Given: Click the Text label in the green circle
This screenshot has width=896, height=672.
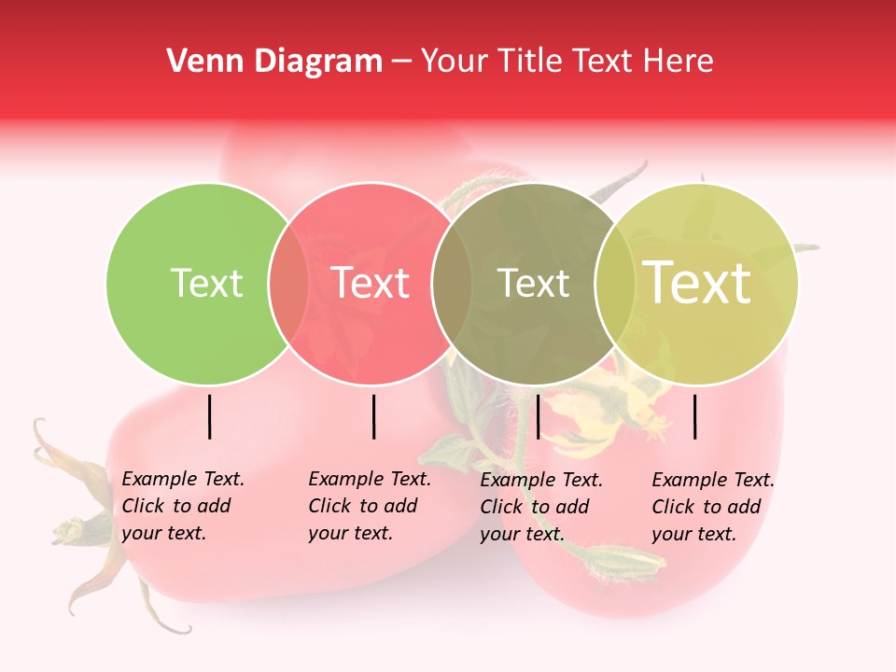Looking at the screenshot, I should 206,283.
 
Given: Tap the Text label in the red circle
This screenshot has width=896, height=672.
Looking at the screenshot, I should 371,283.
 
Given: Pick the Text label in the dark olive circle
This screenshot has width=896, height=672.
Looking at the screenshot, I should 533,283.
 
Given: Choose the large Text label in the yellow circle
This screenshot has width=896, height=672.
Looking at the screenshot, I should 697,282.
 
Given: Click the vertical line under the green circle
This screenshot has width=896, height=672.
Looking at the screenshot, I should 209,417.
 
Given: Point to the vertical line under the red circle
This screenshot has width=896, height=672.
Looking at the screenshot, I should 373,417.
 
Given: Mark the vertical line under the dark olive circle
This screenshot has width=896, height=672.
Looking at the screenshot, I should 538,417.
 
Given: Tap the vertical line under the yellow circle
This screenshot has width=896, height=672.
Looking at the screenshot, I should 694,417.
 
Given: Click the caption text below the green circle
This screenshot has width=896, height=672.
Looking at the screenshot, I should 182,506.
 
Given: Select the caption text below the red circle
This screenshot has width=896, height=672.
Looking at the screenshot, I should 369,506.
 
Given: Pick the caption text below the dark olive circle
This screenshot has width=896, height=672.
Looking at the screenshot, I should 540,507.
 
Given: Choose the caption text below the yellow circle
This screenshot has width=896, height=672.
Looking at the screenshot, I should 712,507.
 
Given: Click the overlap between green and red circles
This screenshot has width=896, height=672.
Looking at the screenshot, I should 288,283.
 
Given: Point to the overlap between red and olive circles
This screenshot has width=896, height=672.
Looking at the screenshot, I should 452,283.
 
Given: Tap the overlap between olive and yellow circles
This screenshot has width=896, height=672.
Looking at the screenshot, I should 615,283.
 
